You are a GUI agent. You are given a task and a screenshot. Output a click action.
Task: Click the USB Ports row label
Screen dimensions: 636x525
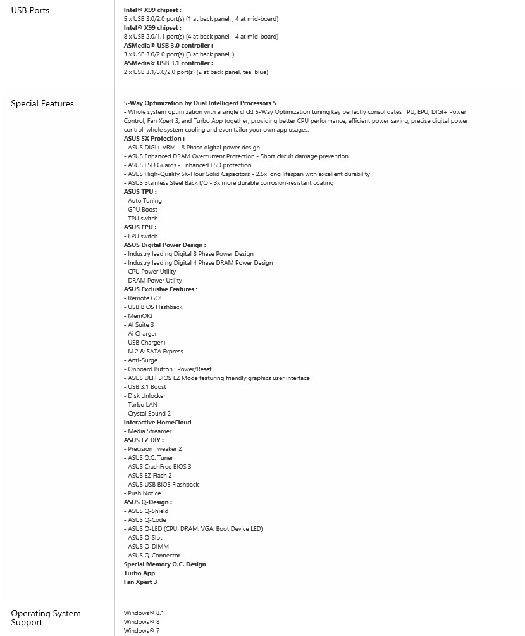point(30,10)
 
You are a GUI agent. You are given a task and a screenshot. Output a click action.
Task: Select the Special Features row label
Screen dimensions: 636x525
point(42,103)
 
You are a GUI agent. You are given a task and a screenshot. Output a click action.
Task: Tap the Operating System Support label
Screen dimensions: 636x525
point(46,618)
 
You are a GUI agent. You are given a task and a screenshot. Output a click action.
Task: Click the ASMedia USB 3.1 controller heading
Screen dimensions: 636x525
point(168,63)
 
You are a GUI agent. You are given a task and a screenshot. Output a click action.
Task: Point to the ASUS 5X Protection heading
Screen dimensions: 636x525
point(154,138)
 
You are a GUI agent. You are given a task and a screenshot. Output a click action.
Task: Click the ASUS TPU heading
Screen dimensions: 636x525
point(140,191)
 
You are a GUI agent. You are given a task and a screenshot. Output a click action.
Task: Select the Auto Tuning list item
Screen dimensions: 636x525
point(144,200)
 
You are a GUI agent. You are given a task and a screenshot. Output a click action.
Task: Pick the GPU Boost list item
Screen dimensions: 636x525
point(142,209)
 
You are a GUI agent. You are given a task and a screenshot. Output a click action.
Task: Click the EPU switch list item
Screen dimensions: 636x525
point(142,236)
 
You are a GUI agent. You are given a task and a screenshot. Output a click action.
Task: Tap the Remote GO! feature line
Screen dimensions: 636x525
point(144,298)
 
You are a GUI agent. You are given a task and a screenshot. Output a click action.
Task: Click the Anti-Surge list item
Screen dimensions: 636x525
point(142,360)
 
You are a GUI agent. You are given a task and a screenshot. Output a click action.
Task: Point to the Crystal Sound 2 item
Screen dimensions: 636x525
point(149,413)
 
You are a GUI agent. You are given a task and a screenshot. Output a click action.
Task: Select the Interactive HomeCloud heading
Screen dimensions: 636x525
point(157,422)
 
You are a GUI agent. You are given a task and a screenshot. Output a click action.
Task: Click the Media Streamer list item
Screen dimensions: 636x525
point(149,431)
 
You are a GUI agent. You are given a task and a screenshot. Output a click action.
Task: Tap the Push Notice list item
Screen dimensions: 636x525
point(144,493)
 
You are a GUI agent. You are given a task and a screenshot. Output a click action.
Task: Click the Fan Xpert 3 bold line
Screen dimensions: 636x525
point(140,582)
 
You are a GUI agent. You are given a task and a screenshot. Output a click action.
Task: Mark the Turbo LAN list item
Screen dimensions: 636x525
point(142,404)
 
